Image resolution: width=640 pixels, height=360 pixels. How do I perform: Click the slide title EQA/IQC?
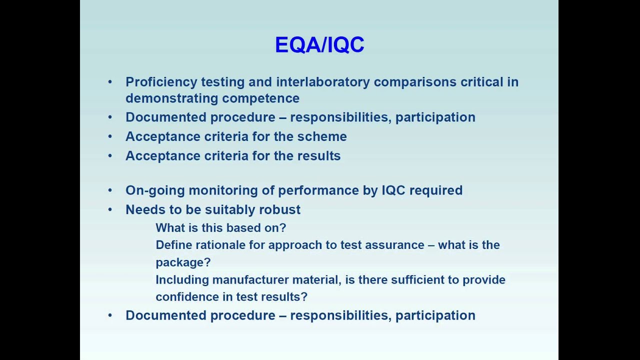pyautogui.click(x=319, y=45)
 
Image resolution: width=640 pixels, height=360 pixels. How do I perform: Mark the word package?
pyautogui.click(x=183, y=262)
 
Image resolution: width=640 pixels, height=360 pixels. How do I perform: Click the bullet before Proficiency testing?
pyautogui.click(x=110, y=82)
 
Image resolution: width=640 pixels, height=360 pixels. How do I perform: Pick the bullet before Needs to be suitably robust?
pyautogui.click(x=110, y=209)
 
